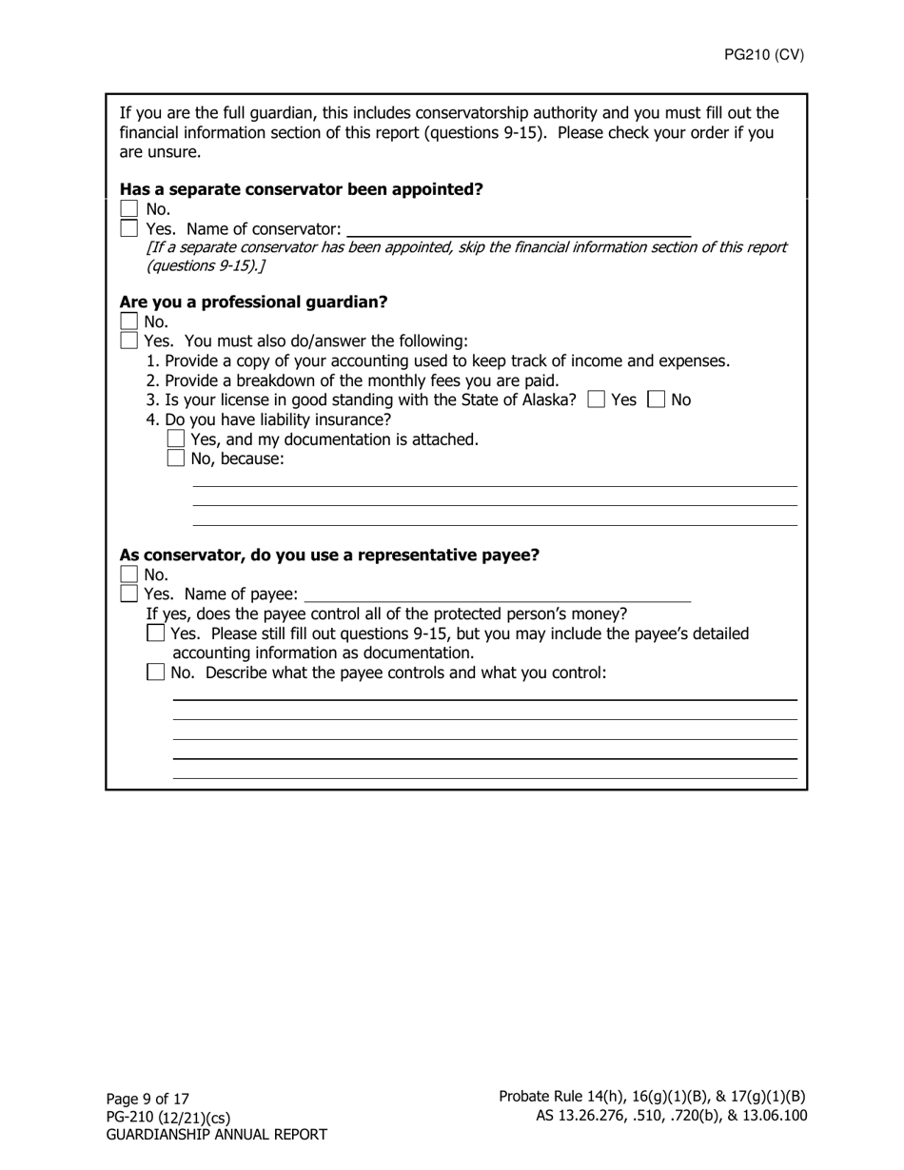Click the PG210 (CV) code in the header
[763, 54]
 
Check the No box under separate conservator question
[129, 209]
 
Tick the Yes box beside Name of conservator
[129, 229]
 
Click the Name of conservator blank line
[519, 230]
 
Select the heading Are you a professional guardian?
[253, 302]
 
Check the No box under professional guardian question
[129, 322]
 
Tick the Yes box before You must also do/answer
[129, 341]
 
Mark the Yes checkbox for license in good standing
[597, 400]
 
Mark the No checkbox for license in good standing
[656, 400]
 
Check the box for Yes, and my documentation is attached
[176, 439]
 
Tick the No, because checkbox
[176, 458]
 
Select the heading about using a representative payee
[329, 556]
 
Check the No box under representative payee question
[129, 575]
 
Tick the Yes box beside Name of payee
[129, 595]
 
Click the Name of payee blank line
[497, 596]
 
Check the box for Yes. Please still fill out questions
[156, 634]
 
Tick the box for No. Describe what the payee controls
[156, 673]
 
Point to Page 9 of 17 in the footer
[147, 1099]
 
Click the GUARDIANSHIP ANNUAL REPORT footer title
[216, 1135]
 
